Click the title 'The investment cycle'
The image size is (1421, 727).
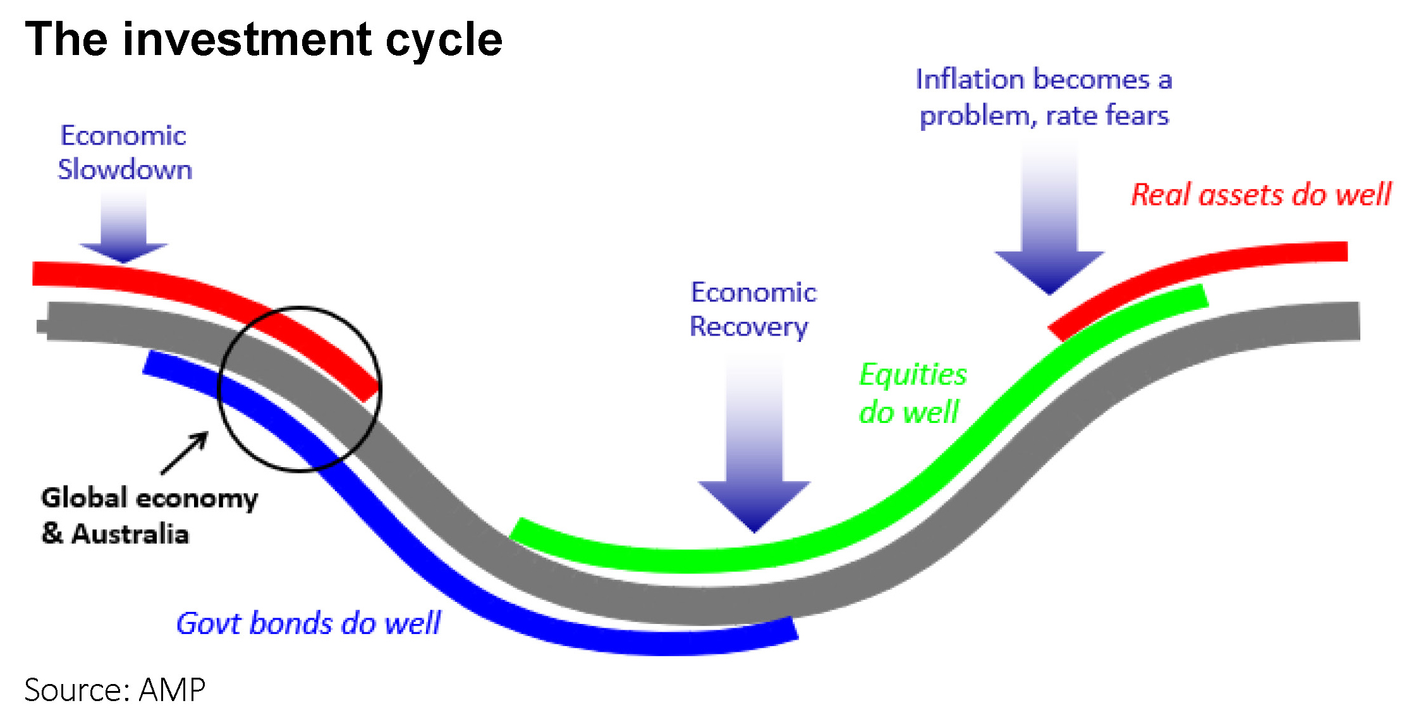[x=263, y=39]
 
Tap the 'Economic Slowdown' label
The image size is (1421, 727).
[x=124, y=153]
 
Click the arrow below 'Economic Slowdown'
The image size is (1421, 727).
[x=124, y=228]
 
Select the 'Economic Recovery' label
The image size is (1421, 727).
[x=752, y=310]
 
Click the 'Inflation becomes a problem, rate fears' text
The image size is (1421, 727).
[x=1044, y=97]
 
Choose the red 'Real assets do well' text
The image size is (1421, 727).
[x=1261, y=194]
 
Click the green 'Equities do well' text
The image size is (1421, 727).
[x=912, y=393]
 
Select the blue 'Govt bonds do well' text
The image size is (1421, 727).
[x=308, y=623]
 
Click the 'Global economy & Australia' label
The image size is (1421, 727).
[x=149, y=515]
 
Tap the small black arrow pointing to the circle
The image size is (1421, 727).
[x=185, y=453]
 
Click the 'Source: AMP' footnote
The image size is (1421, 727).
[x=115, y=689]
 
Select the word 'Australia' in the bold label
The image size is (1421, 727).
[x=130, y=534]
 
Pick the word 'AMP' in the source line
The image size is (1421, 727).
[x=173, y=689]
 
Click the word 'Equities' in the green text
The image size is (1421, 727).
[x=913, y=374]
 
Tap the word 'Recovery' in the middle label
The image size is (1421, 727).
[x=748, y=327]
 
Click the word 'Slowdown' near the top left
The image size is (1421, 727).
[x=125, y=170]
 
